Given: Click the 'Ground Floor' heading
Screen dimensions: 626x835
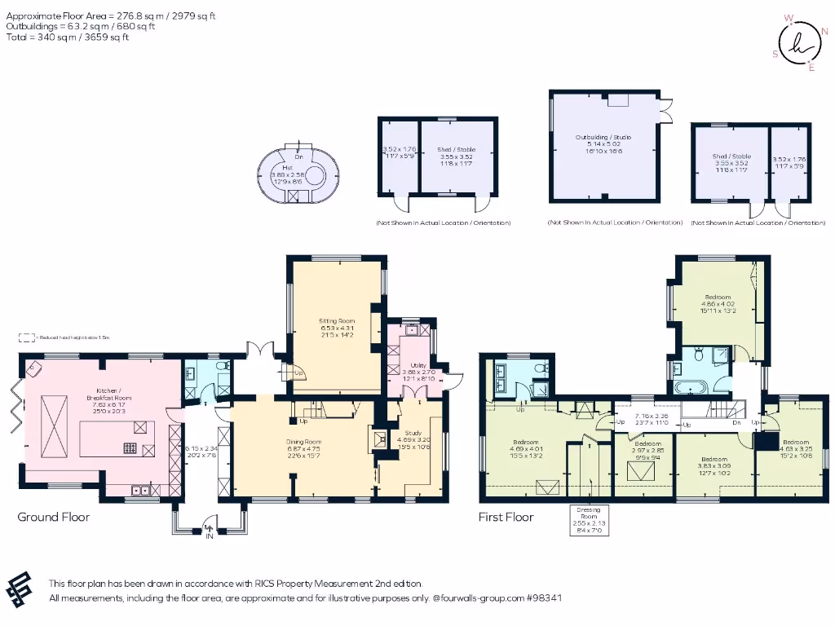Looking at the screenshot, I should (x=54, y=517).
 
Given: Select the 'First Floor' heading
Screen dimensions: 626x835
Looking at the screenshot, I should (x=506, y=517).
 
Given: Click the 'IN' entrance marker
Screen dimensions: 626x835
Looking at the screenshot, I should (x=209, y=536).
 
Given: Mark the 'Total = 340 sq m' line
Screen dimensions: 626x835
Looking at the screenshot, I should (x=67, y=37).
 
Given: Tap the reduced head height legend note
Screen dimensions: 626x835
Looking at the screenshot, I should (x=65, y=337).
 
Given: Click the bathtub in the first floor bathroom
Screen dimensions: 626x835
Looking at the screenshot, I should (x=693, y=388).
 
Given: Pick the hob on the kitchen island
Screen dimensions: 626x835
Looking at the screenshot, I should (x=130, y=446).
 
